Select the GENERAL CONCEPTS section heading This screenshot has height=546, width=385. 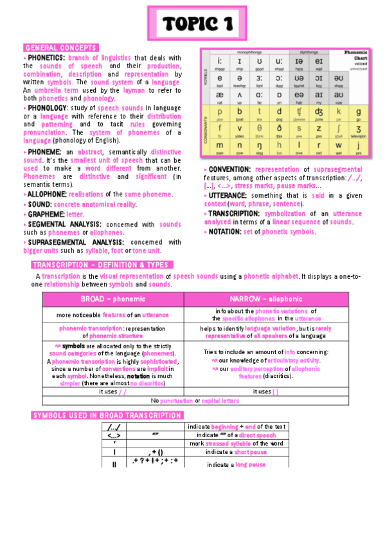pyautogui.click(x=60, y=48)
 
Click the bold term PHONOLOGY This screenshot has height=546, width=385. pyautogui.click(x=48, y=108)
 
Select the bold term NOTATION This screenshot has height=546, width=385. pyautogui.click(x=224, y=232)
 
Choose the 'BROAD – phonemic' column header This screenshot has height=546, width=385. pyautogui.click(x=112, y=300)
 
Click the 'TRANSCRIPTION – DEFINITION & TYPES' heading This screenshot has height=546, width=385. pyautogui.click(x=101, y=265)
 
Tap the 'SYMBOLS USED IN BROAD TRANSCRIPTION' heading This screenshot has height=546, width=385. pyautogui.click(x=107, y=416)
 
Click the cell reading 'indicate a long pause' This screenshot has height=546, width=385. pyautogui.click(x=237, y=464)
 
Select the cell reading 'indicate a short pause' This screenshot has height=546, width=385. pyautogui.click(x=237, y=452)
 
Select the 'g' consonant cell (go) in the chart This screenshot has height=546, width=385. pyautogui.click(x=357, y=113)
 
